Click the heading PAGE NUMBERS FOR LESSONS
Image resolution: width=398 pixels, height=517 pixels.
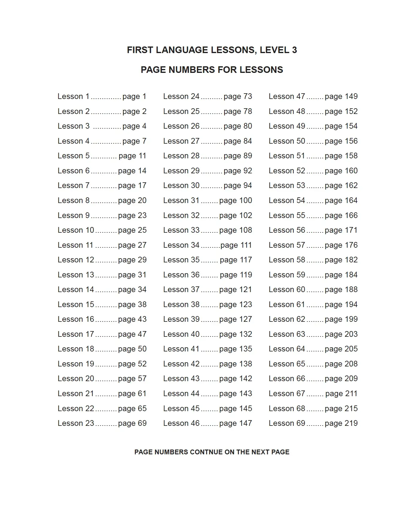[x=212, y=70]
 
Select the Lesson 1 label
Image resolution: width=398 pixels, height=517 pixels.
[x=73, y=96]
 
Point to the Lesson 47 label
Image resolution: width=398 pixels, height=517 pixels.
[x=287, y=96]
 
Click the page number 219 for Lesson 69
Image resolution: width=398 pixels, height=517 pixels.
[x=351, y=423]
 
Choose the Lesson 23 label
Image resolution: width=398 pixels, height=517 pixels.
[x=76, y=423]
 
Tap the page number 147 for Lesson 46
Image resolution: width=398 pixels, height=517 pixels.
[x=245, y=423]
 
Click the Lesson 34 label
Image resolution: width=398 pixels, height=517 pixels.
[x=181, y=245]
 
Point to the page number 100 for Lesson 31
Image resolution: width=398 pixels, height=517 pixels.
[x=245, y=200]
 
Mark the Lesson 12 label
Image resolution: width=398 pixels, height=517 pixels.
[x=76, y=260]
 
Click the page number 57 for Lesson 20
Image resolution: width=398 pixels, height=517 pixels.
[x=142, y=378]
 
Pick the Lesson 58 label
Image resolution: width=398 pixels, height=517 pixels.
[x=287, y=260]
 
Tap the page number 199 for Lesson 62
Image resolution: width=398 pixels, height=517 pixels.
[x=351, y=319]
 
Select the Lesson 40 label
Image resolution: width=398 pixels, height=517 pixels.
[x=181, y=334]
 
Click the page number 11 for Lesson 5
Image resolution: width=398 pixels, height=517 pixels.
[x=142, y=156]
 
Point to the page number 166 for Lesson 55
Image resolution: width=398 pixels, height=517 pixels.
[x=351, y=215]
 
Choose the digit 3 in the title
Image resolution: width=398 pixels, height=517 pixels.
[x=294, y=50]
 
